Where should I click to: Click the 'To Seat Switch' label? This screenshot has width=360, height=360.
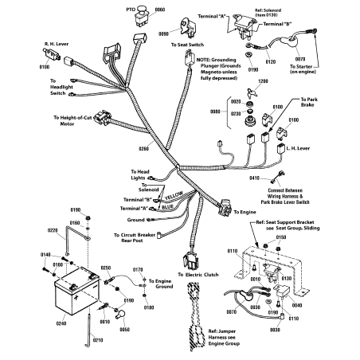(186, 45)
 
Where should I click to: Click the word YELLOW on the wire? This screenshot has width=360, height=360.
(173, 194)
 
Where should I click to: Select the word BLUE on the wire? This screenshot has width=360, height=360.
(167, 206)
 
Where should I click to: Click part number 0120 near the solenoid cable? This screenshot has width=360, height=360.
(270, 60)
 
